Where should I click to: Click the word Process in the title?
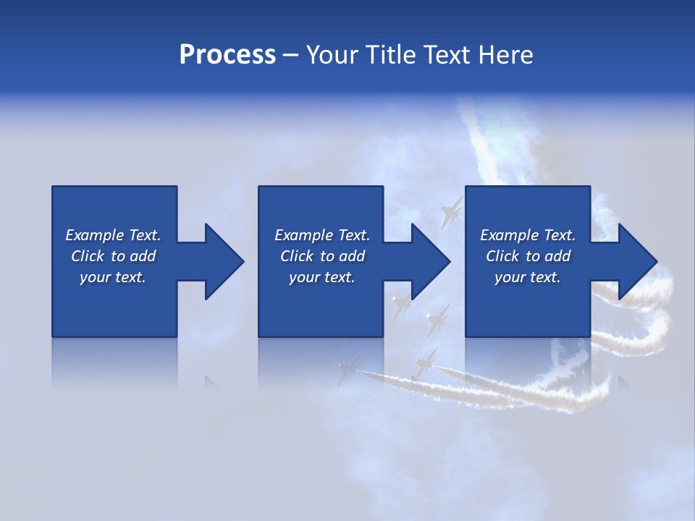coord(227,55)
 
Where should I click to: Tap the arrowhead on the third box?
coord(637,261)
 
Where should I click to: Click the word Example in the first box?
coord(95,235)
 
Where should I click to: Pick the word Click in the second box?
coord(296,256)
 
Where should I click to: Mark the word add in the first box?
coord(143,256)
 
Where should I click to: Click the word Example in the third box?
coord(510,235)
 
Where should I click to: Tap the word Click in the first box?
coord(87,256)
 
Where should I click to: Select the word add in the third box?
coord(558,256)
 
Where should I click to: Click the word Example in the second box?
coord(304,235)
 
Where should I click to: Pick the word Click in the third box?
coord(502,256)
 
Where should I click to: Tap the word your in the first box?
coord(96,278)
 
